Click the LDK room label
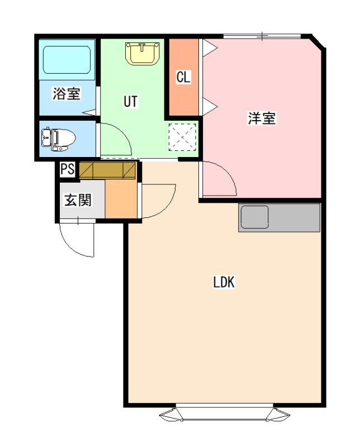[224, 282]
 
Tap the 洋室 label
[262, 118]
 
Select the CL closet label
[183, 77]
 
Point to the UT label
[130, 101]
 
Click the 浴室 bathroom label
[67, 93]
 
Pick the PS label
[67, 169]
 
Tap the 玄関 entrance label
[78, 200]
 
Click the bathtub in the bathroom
[67, 60]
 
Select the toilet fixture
[58, 139]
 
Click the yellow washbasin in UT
[142, 53]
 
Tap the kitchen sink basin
[254, 217]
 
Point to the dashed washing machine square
[182, 137]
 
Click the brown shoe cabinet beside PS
[107, 170]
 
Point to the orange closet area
[183, 77]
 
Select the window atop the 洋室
[262, 36]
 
